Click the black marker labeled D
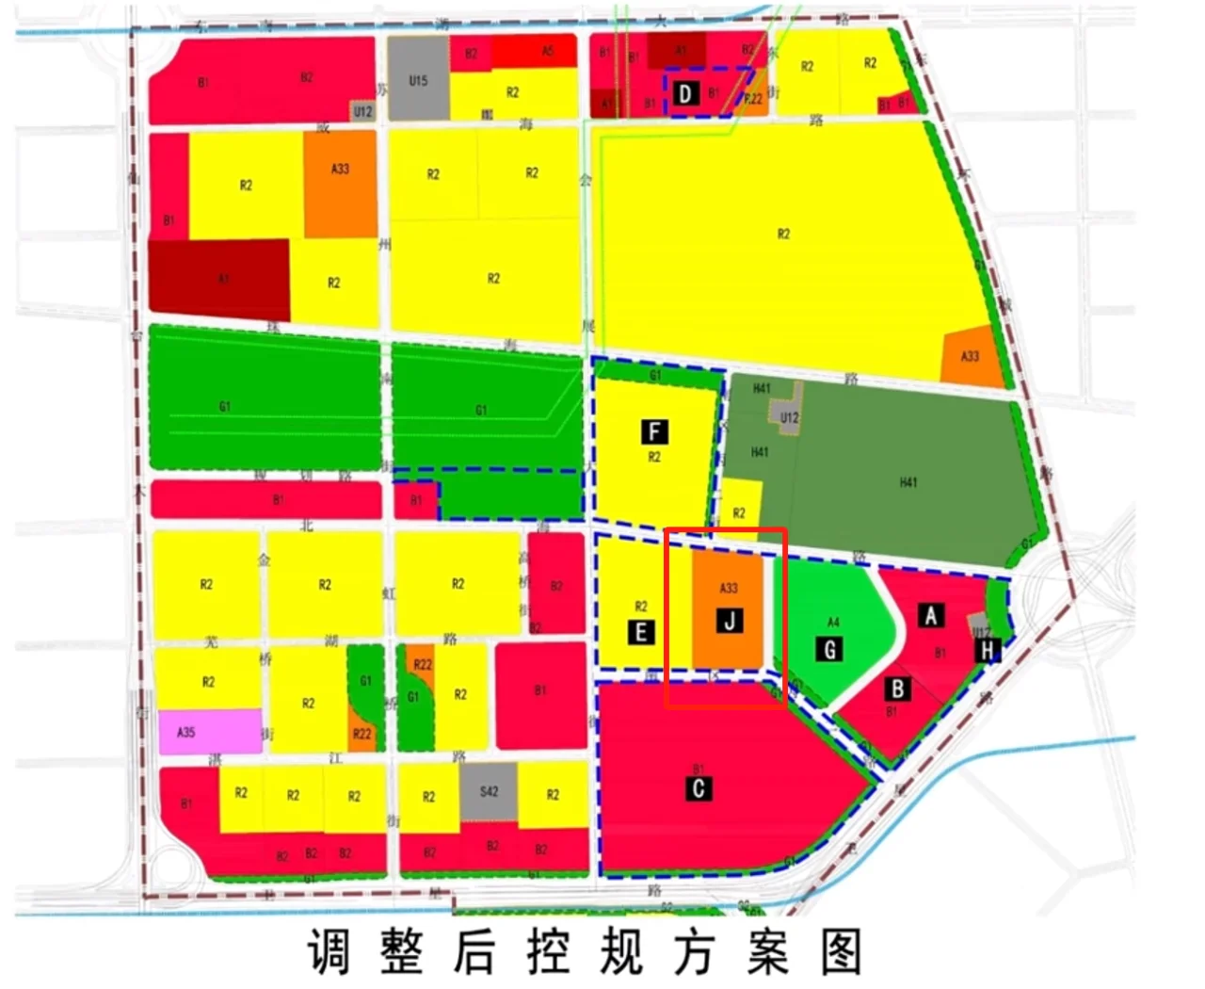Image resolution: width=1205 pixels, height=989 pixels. [x=685, y=93]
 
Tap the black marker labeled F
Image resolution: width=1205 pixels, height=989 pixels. [x=654, y=432]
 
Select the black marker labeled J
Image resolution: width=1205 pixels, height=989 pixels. [x=730, y=621]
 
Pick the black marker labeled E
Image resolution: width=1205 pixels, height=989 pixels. [x=641, y=632]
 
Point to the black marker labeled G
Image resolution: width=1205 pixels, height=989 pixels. [x=830, y=649]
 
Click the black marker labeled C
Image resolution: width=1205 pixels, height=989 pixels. [x=699, y=787]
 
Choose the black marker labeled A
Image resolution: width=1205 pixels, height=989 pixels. [x=931, y=616]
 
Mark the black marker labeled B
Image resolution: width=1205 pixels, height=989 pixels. [x=898, y=689]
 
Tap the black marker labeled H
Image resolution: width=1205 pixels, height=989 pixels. [x=987, y=650]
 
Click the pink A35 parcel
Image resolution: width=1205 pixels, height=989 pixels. [x=210, y=732]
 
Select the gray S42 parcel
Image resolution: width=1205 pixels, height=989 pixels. [x=489, y=791]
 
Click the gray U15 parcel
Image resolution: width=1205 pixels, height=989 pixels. [x=418, y=79]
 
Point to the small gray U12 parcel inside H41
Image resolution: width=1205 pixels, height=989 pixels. [x=789, y=416]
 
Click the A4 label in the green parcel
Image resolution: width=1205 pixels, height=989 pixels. [x=832, y=622]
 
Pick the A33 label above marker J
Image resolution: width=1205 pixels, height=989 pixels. [x=729, y=589]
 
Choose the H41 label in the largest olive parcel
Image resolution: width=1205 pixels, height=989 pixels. [x=908, y=482]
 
